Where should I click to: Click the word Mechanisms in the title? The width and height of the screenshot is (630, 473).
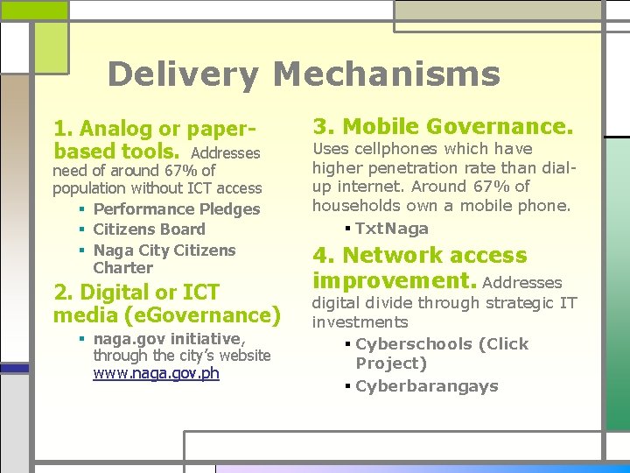tap(387, 74)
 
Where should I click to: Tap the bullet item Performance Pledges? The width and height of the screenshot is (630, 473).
tap(177, 209)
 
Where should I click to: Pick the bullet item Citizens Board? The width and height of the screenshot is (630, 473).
tap(149, 229)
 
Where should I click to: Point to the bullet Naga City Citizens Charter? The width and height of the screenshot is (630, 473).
tap(164, 258)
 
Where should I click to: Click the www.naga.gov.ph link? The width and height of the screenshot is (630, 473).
tap(156, 373)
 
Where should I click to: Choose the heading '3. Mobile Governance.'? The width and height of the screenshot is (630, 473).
tap(443, 127)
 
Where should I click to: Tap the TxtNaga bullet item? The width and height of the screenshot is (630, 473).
tap(391, 229)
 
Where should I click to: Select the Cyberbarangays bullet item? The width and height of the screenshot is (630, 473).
tap(427, 386)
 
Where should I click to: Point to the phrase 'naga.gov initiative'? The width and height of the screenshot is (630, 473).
tap(169, 339)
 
